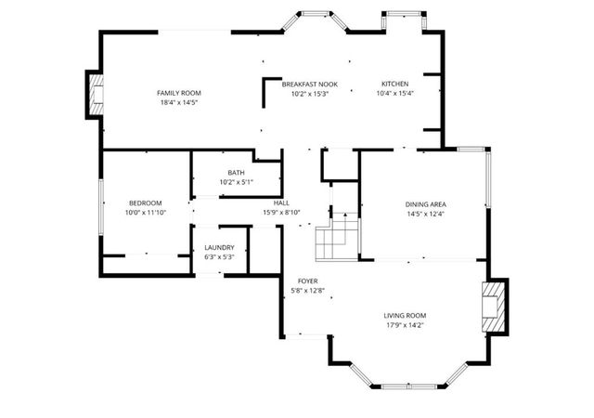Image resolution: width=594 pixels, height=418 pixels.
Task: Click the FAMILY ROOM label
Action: tap(178, 93)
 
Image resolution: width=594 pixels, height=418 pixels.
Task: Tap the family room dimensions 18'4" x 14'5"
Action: tap(178, 102)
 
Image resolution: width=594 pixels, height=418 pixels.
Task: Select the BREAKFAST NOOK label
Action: tap(309, 85)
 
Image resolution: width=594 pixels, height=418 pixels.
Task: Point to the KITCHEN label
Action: tap(394, 85)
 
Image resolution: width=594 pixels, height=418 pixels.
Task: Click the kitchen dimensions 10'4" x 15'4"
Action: tap(394, 94)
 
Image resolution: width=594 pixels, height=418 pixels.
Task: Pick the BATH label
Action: tap(236, 173)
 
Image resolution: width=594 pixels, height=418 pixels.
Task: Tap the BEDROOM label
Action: tap(145, 203)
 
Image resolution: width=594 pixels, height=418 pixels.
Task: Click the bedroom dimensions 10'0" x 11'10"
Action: tap(145, 213)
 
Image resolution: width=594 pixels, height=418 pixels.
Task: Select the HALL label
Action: tap(281, 202)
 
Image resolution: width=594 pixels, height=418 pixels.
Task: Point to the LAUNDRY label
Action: tap(219, 248)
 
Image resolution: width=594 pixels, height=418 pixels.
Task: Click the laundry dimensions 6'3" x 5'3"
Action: tap(219, 257)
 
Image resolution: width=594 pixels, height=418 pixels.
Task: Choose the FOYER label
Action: tap(308, 281)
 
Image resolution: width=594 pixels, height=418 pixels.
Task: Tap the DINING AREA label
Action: tap(426, 204)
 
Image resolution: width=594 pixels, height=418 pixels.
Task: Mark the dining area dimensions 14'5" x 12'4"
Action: tap(426, 214)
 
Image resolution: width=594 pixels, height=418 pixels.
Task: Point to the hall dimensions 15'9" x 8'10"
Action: tap(281, 212)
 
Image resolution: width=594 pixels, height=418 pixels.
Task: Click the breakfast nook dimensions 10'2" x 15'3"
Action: tap(309, 94)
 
